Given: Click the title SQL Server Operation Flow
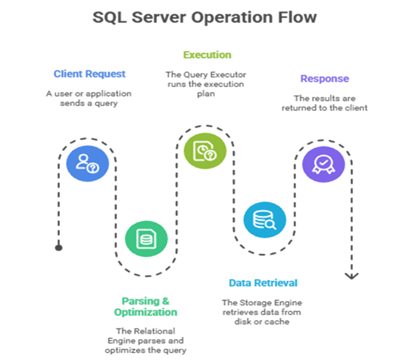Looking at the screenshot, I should tap(205, 17).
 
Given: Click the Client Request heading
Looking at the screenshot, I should tap(89, 74).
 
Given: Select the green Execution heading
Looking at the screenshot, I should tap(207, 55).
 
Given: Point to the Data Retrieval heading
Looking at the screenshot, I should tap(263, 283).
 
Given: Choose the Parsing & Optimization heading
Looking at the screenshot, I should tap(146, 306).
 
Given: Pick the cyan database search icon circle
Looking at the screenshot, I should tap(264, 220).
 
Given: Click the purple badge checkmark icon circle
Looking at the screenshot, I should tap(324, 162).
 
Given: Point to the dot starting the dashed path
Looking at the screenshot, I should tap(58, 248).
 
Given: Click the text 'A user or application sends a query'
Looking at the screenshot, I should tap(89, 98).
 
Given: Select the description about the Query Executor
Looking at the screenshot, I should tap(205, 84).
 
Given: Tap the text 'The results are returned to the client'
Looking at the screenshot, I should tap(324, 103).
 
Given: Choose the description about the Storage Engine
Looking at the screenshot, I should tap(263, 312).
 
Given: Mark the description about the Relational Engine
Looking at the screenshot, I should tap(145, 340).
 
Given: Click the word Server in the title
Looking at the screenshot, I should tap(153, 17).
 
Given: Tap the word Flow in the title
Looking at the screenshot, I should tap(297, 17).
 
